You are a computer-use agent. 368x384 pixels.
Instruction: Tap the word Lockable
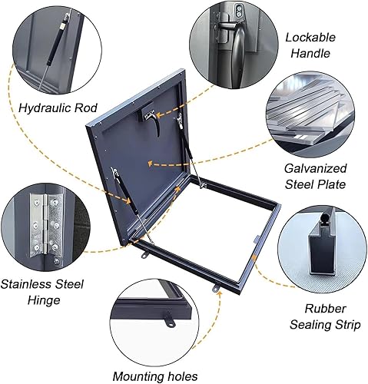pos(310,38)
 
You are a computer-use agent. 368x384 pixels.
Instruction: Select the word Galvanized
pos(315,169)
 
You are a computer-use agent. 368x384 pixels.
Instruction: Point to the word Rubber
pos(325,309)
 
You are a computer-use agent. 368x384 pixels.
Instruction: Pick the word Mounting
pos(138,376)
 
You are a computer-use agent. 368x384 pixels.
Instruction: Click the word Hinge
pos(44,300)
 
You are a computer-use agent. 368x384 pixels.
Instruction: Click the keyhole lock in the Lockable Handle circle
pos(239,12)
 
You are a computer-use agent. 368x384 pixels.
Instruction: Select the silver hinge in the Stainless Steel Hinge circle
pos(45,225)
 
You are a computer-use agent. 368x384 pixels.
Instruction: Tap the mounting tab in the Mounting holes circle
pos(169,319)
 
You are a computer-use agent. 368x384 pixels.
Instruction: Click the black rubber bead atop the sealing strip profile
pos(326,219)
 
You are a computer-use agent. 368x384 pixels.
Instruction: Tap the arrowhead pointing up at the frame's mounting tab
pos(218,293)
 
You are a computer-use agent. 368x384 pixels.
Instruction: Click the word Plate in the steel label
pos(333,184)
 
